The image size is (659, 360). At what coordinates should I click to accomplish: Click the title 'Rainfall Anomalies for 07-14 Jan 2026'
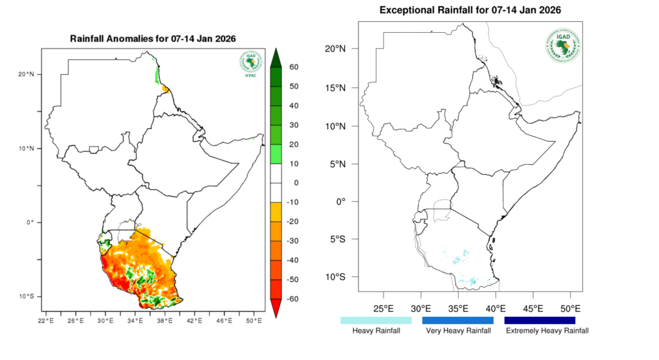[x=153, y=39]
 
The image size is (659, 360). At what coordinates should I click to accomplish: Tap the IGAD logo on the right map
[x=562, y=46]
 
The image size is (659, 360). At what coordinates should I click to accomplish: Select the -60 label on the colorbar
[x=293, y=299]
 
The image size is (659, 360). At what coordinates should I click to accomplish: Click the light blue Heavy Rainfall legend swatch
[x=376, y=319]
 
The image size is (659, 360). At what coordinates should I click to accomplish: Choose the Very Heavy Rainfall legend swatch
[x=458, y=319]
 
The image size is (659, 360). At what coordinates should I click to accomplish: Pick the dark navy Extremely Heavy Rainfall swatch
[x=539, y=319]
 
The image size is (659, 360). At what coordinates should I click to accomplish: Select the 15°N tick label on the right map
[x=337, y=88]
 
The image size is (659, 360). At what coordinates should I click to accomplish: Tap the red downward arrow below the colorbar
[x=275, y=310]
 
